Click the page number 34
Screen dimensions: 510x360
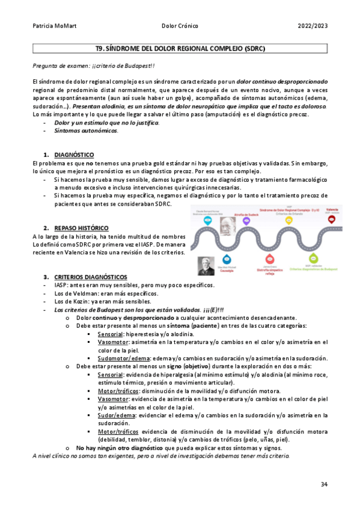point(324,484)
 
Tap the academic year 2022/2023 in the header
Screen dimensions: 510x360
point(313,26)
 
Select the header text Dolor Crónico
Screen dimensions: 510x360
point(180,26)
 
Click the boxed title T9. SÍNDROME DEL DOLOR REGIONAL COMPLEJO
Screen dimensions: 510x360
point(180,48)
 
